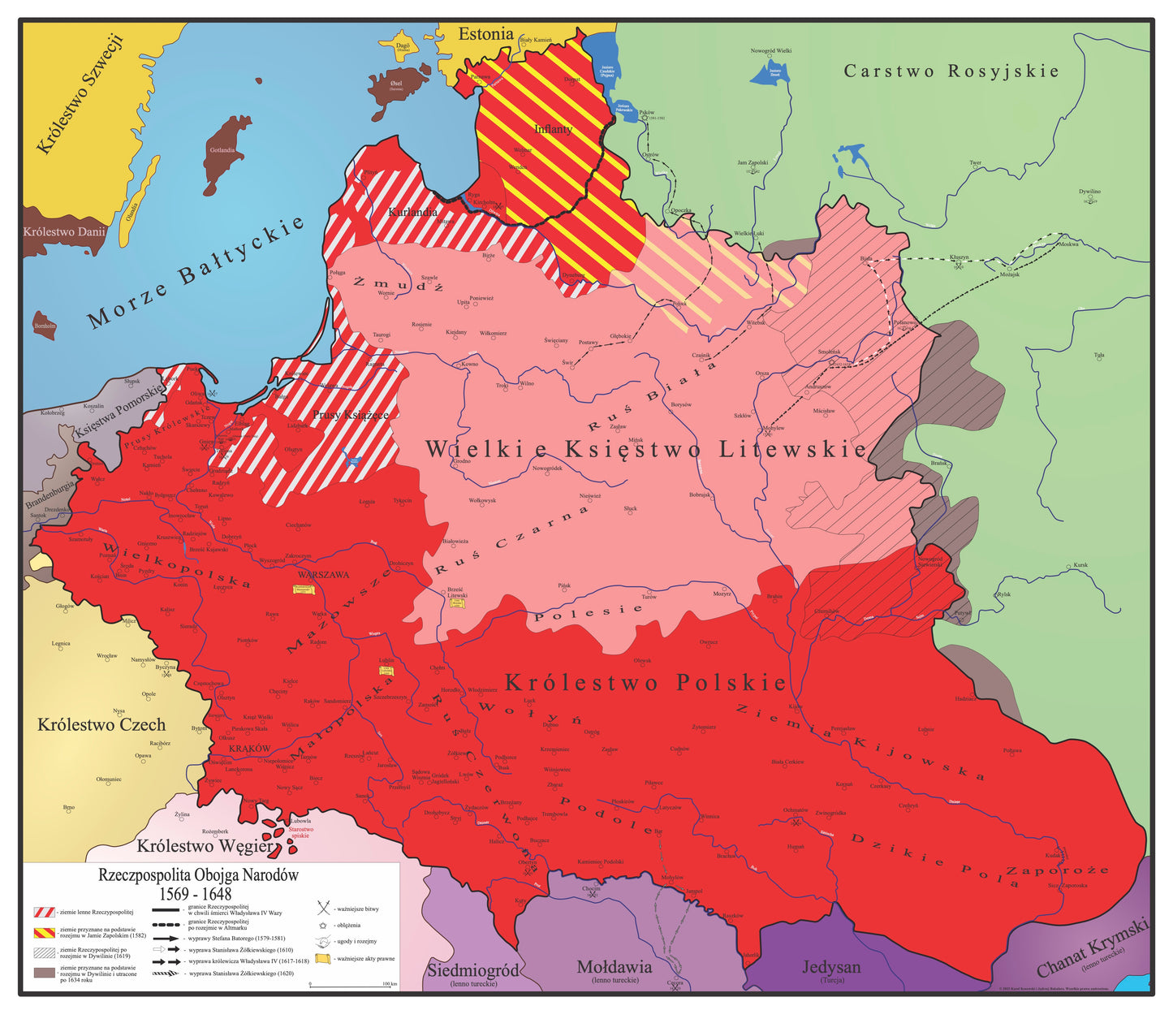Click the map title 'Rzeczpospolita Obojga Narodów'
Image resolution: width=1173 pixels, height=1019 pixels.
click(x=198, y=875)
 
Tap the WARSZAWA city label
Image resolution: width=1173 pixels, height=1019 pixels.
click(x=328, y=575)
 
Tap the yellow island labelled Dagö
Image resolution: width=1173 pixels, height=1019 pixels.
click(x=402, y=47)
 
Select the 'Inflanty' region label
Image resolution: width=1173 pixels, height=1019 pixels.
click(x=554, y=129)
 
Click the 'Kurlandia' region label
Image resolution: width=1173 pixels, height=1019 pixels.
click(x=412, y=213)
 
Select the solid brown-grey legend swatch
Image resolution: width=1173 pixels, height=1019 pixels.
click(x=45, y=972)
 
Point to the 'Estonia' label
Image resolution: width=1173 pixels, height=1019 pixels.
click(x=485, y=34)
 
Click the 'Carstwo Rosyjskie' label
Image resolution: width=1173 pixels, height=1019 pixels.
click(x=951, y=71)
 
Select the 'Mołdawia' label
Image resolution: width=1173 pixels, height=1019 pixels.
click(x=614, y=967)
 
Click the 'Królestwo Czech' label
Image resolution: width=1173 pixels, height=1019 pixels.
click(x=101, y=724)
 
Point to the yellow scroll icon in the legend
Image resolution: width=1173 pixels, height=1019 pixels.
click(x=324, y=959)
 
